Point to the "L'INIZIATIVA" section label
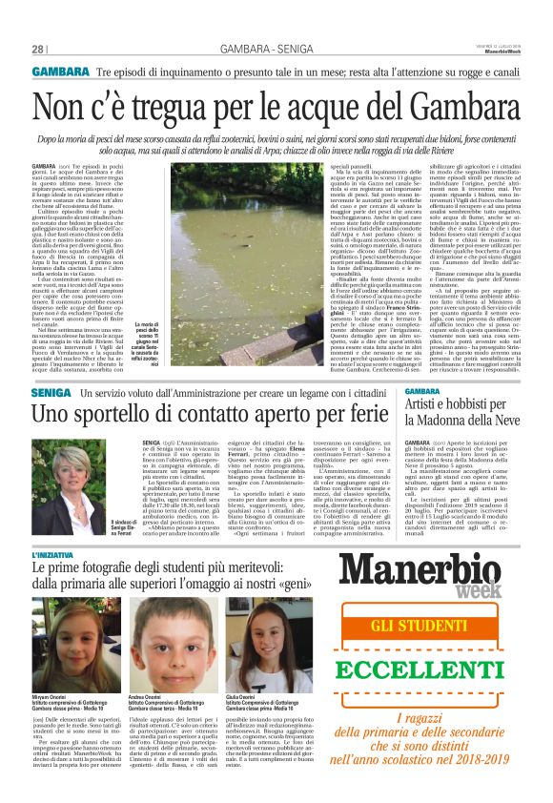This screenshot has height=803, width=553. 57,554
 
